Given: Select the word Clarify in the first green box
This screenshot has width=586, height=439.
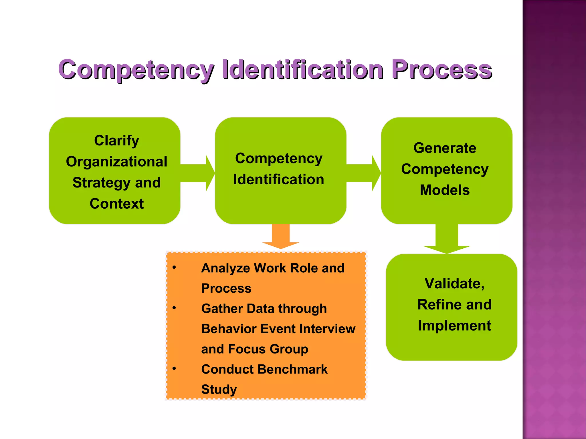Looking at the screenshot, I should point(116,141).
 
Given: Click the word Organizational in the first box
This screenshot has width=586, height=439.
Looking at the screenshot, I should point(116,162).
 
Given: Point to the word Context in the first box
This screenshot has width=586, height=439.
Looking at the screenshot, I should point(116,204).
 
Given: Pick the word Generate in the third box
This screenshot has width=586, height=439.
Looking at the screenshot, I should point(445,148).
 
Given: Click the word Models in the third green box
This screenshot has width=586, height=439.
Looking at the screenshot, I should point(445,190).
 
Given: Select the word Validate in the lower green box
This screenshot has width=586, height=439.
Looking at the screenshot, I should point(454,284).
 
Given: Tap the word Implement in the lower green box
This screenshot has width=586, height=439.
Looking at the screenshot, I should point(454,326).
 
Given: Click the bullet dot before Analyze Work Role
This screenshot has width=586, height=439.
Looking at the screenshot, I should point(174,268).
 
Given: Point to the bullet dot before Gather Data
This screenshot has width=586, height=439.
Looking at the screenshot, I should point(174,308).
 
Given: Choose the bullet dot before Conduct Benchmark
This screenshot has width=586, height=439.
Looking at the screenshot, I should point(174,369).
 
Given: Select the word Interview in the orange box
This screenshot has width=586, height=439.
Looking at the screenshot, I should point(327,329).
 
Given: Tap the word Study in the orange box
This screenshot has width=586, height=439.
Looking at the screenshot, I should point(219,390).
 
